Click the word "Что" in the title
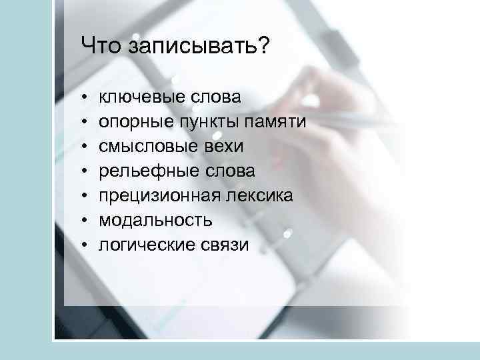click(x=100, y=47)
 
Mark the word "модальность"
click(x=156, y=220)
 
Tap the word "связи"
click(x=225, y=245)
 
